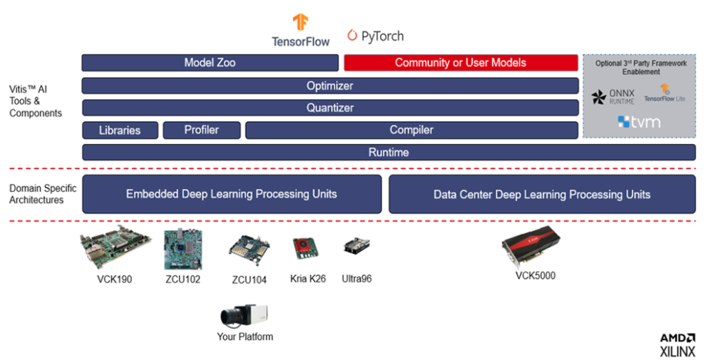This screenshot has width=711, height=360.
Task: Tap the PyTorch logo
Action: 375,36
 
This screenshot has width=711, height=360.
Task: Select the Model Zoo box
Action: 210,63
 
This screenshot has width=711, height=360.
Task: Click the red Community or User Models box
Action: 461,63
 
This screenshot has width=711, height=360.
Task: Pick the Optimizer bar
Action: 330,86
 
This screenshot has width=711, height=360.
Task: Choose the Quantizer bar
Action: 330,108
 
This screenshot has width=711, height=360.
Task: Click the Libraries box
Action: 120,130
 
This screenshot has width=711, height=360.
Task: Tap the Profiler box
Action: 202,130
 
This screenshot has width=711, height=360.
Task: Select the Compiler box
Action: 411,130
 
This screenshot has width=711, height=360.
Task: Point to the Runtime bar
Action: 389,153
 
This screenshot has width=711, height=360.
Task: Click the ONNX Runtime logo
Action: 613,96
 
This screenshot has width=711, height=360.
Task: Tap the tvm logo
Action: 639,122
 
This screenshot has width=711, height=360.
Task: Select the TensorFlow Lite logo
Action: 665,93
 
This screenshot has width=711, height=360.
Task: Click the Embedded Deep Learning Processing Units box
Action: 232,194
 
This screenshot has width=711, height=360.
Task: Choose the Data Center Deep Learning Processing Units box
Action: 542,194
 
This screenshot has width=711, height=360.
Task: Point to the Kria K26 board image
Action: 305,249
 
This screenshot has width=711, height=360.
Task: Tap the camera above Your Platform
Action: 244,316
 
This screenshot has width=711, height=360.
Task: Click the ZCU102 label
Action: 183,279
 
